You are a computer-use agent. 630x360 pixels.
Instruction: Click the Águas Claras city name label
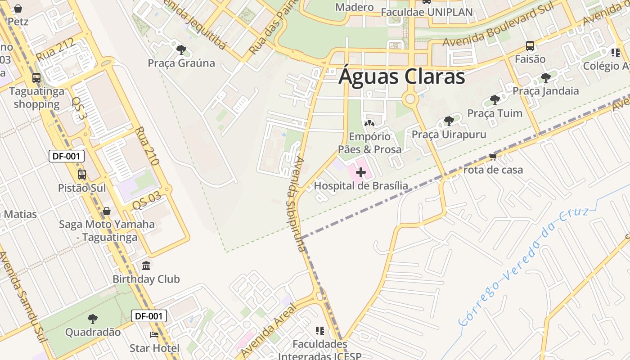[x=401, y=76]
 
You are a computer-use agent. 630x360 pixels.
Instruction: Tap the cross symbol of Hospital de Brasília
[x=360, y=172]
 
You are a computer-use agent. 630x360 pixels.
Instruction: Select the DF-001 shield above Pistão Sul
[x=67, y=156]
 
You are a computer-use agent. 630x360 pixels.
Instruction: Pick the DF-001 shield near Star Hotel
[x=149, y=316]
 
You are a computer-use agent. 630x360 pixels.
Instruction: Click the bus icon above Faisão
[x=530, y=46]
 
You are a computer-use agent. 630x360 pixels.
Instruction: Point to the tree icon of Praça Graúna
[x=181, y=49]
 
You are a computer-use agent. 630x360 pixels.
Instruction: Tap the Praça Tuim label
[x=495, y=113]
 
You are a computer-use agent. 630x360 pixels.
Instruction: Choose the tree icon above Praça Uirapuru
[x=449, y=121]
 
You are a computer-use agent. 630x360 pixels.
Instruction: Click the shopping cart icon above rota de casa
[x=493, y=157]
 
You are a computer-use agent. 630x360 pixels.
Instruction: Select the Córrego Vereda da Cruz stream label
[x=524, y=265]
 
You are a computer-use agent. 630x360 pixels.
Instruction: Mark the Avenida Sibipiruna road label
[x=294, y=203]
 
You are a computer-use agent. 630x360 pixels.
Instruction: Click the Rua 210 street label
[x=147, y=146]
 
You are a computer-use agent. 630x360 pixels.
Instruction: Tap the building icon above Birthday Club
[x=146, y=266]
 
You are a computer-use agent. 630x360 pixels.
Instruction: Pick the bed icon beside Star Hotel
[x=154, y=335]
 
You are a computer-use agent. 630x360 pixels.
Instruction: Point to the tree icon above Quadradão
[x=93, y=319]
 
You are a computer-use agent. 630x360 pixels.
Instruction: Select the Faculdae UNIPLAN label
[x=427, y=12]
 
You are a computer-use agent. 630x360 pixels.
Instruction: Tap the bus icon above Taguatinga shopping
[x=36, y=78]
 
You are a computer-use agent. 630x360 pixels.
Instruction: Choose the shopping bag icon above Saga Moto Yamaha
[x=107, y=211]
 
